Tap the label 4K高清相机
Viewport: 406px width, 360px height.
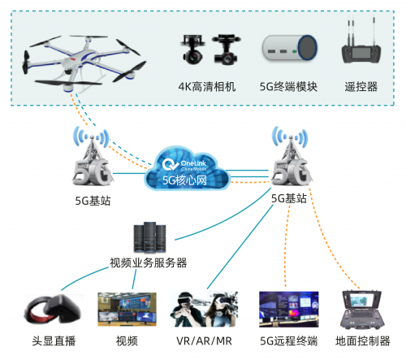click(x=207, y=87)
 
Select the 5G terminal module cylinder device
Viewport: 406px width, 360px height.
click(x=290, y=48)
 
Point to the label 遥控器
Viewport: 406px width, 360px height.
click(x=361, y=87)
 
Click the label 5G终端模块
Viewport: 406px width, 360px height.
click(x=288, y=87)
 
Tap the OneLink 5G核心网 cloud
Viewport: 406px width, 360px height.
click(x=188, y=168)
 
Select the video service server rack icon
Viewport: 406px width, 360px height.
click(x=149, y=237)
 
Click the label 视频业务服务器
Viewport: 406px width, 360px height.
click(x=149, y=262)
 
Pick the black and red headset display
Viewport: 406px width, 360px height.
click(x=53, y=310)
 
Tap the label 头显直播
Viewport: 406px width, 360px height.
click(x=54, y=340)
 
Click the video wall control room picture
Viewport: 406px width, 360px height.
click(x=127, y=310)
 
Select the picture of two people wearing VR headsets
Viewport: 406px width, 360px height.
click(x=204, y=309)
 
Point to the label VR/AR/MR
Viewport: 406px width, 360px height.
click(x=204, y=341)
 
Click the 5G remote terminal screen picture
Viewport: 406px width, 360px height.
click(x=289, y=310)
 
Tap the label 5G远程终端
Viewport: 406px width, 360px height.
click(x=289, y=340)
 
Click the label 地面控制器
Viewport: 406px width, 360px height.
click(x=363, y=340)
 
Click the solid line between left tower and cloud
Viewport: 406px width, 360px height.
click(x=129, y=173)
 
